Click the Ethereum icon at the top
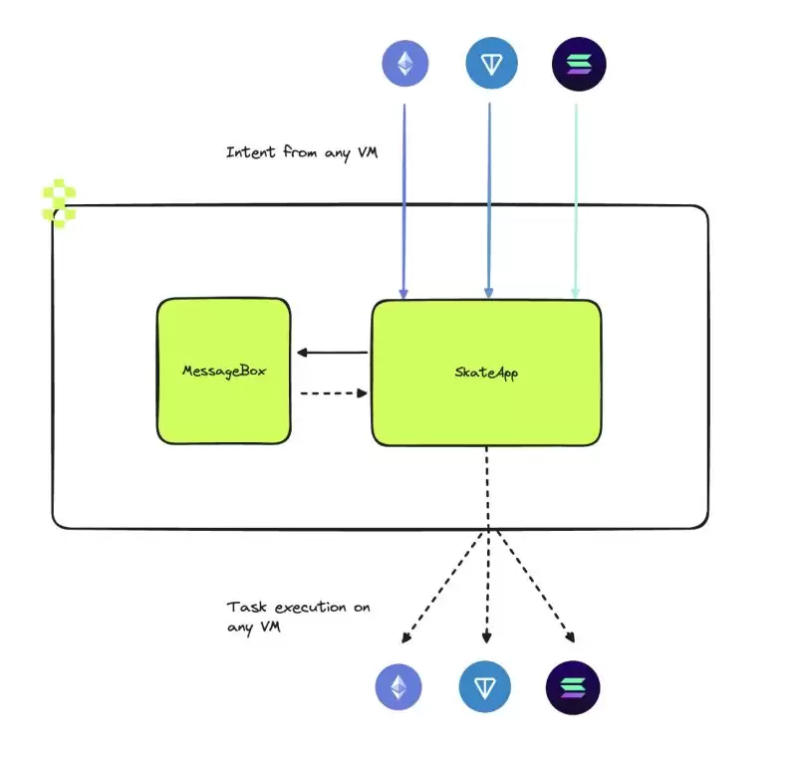[x=405, y=66]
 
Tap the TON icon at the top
[x=491, y=66]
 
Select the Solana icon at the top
[x=579, y=66]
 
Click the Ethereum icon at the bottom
[x=398, y=687]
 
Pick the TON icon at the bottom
[x=485, y=687]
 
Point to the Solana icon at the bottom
[x=573, y=687]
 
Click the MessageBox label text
[x=223, y=371]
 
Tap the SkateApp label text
[x=486, y=373]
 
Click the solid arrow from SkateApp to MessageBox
[x=333, y=352]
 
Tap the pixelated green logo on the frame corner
[x=58, y=204]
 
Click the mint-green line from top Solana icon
[x=576, y=199]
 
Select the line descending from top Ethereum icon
[x=403, y=199]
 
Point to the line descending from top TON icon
[x=489, y=199]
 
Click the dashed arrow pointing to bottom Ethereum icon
[x=443, y=588]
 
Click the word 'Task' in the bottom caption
[x=243, y=607]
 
